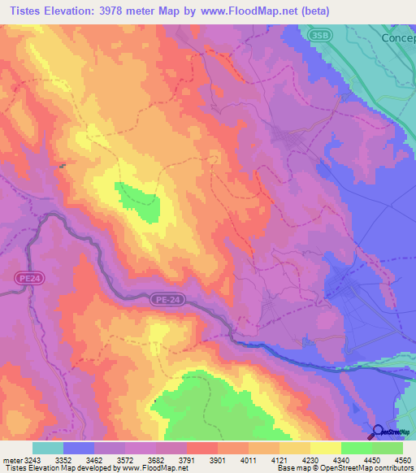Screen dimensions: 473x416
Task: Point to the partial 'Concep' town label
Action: pyautogui.click(x=398, y=38)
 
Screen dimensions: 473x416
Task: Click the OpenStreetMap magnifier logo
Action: pyautogui.click(x=379, y=432)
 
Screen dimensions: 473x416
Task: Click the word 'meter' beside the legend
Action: pyautogui.click(x=12, y=459)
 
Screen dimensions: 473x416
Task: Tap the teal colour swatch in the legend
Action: pyautogui.click(x=48, y=448)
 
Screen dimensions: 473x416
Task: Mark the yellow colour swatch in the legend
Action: pyautogui.click(x=325, y=448)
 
